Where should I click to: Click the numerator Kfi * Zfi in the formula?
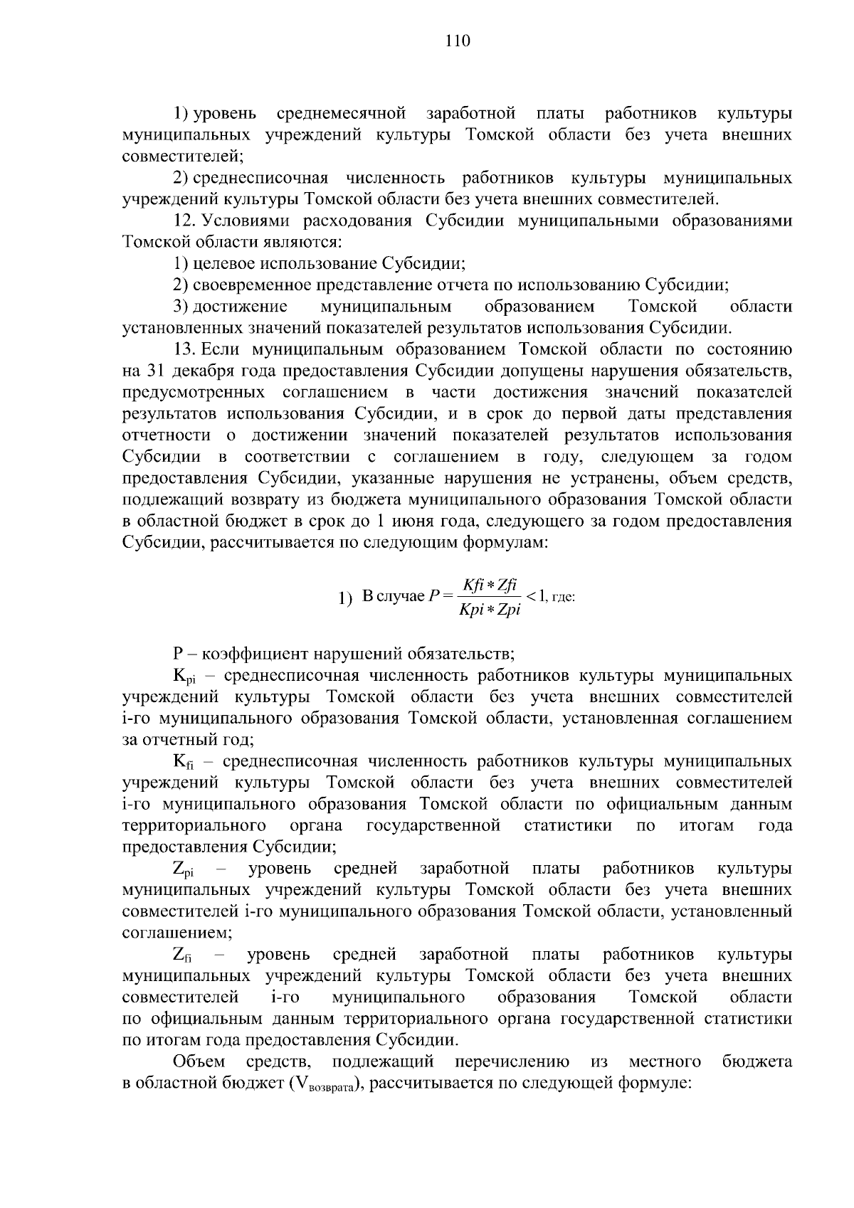[x=490, y=586]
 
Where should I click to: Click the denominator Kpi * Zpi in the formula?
[x=490, y=610]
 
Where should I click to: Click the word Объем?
[x=199, y=1061]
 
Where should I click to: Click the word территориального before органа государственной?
[x=194, y=825]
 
